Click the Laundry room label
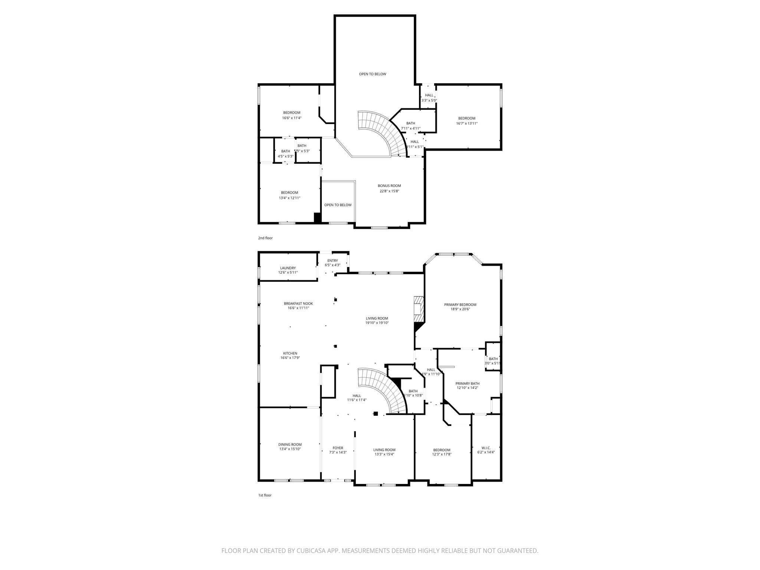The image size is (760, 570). tap(288, 268)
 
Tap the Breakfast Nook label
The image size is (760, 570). tap(298, 303)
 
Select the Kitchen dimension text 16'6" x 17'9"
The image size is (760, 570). tap(290, 358)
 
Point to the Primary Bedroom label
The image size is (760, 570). tap(460, 305)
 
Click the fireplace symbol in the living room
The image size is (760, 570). tap(419, 310)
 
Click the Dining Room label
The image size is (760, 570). tap(290, 444)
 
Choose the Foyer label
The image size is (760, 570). tap(338, 448)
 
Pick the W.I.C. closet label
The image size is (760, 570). tap(486, 448)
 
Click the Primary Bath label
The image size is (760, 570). tap(467, 383)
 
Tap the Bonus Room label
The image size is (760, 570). tap(389, 186)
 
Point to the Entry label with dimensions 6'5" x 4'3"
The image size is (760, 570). tap(332, 263)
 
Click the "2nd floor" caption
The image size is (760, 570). tap(265, 238)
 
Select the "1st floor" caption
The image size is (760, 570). tap(265, 495)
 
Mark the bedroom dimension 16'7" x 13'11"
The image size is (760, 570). tap(466, 124)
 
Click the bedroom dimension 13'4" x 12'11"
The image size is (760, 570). tap(289, 198)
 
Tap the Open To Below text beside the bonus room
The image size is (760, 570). tap(338, 205)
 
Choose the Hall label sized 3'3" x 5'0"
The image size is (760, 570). tap(429, 98)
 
